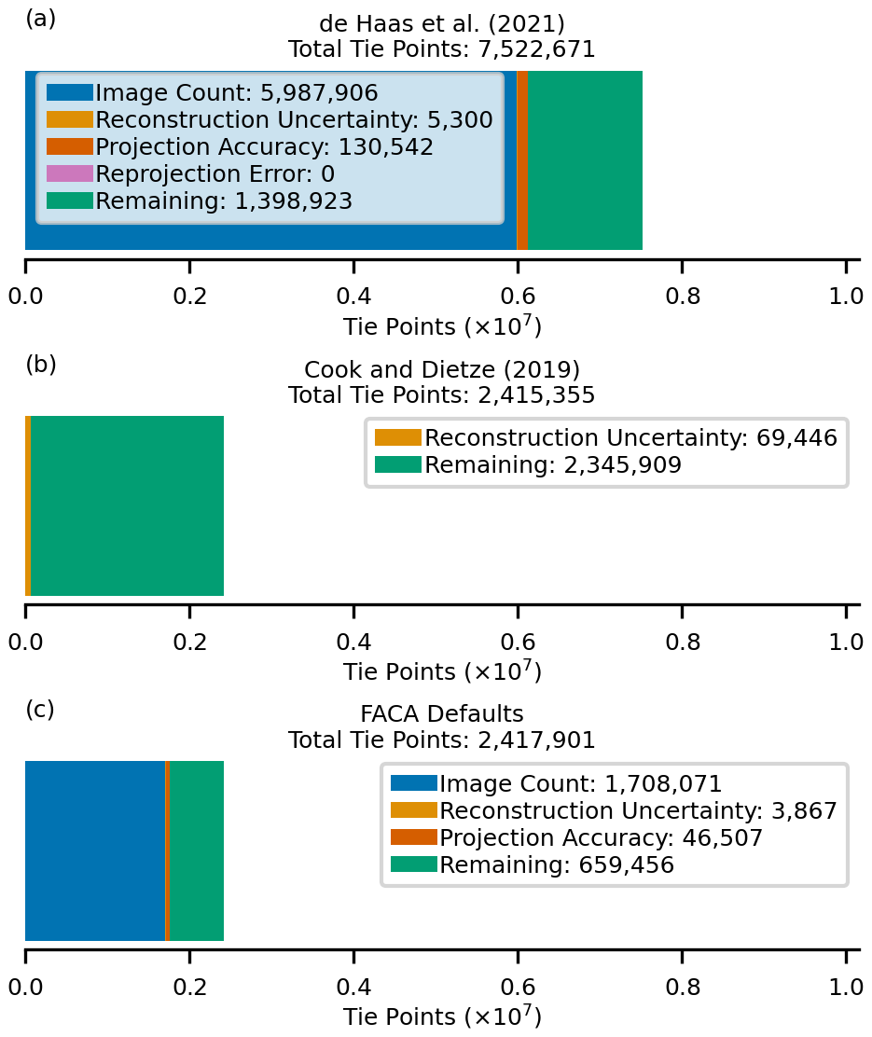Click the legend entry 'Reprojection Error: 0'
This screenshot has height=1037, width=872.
click(x=215, y=174)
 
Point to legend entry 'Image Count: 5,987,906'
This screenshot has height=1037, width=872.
click(x=236, y=93)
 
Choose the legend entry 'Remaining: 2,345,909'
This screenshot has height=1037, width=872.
click(x=553, y=465)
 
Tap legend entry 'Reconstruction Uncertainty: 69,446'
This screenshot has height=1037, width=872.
click(x=630, y=438)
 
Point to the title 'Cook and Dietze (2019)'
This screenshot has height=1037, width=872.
click(x=441, y=370)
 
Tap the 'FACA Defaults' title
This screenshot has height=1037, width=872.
click(x=441, y=715)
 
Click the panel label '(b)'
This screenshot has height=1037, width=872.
click(x=41, y=364)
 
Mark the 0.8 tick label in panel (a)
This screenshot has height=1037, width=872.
click(x=682, y=297)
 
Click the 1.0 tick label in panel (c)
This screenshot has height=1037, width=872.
click(x=846, y=987)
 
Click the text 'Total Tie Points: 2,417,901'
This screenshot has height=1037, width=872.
click(x=441, y=740)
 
